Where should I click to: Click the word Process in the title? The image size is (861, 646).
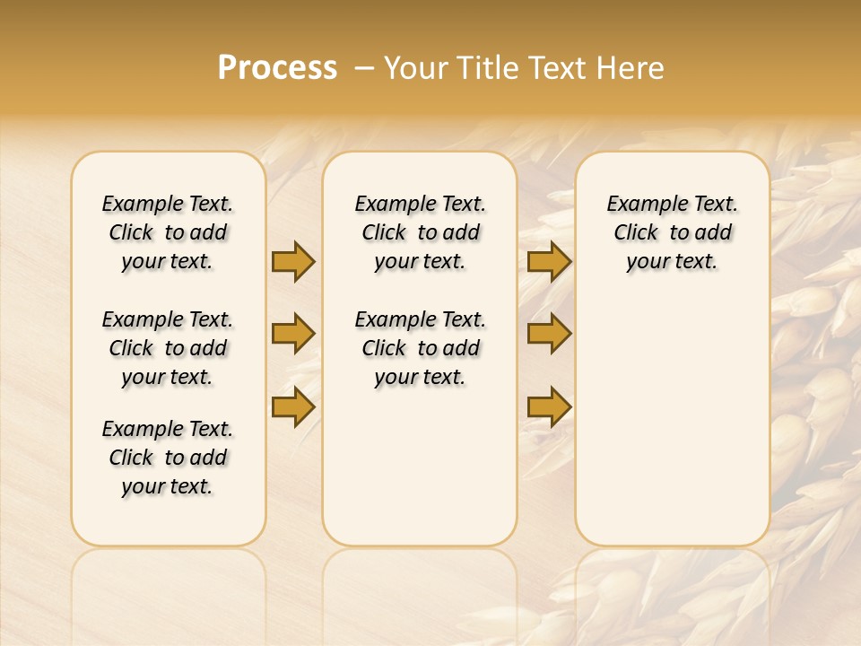tap(277, 68)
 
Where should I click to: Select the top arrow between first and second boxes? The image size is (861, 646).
tap(293, 261)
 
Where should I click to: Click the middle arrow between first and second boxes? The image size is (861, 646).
tap(293, 335)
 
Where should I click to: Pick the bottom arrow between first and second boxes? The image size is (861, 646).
tap(293, 407)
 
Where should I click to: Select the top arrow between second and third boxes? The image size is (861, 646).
tap(549, 261)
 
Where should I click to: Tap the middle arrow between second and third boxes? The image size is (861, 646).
tap(549, 335)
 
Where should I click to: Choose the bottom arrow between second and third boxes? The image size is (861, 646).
tap(549, 407)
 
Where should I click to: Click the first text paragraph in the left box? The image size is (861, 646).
tap(168, 232)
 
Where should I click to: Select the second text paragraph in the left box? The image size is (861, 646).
tap(168, 348)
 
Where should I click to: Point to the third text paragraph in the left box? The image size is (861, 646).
tap(168, 458)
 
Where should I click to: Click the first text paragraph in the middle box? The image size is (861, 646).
tap(420, 232)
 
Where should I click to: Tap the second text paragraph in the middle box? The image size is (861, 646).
tap(420, 348)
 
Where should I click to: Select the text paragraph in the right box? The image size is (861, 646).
tap(672, 232)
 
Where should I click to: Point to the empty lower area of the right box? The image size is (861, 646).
tap(672, 422)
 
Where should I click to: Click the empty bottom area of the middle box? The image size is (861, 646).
tap(420, 476)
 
